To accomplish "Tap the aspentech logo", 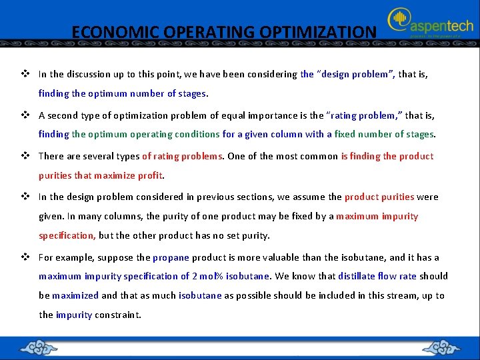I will tap(431, 25).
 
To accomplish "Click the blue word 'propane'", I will tap(171, 257).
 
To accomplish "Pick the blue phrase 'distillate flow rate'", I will tap(377, 276).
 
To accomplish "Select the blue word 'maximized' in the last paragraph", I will tap(75, 295).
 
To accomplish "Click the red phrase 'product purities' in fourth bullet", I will tap(379, 197).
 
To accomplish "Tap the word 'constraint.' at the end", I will tap(118, 315).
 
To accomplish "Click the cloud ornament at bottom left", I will tap(40, 348).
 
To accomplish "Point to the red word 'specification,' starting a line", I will tap(67, 235).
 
